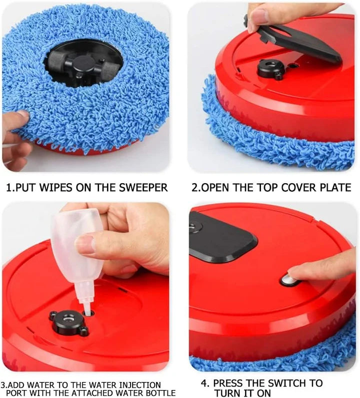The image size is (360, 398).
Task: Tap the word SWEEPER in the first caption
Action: [x=143, y=188]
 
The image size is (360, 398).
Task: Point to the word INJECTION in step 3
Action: [x=138, y=385]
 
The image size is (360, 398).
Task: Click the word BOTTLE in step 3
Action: [x=159, y=393]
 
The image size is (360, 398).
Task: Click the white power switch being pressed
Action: [x=289, y=280]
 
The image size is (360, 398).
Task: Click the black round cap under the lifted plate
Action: [x=270, y=69]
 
